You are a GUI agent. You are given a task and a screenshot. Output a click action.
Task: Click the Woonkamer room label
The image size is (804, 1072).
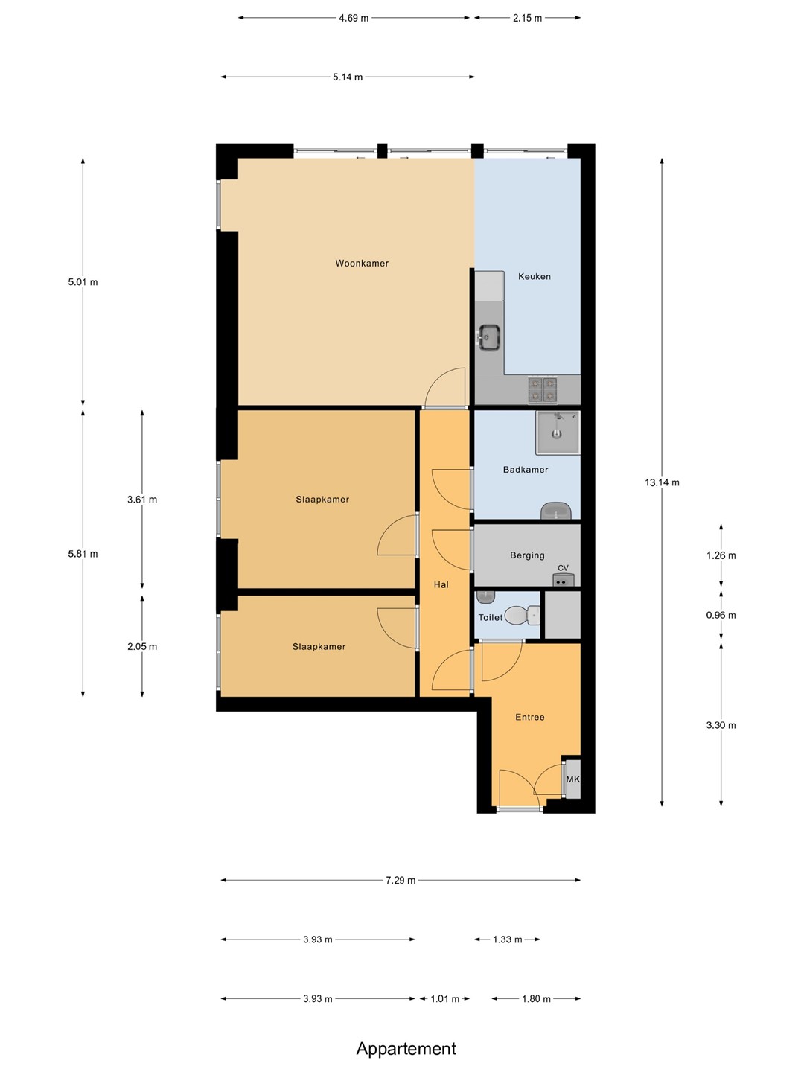click(x=362, y=264)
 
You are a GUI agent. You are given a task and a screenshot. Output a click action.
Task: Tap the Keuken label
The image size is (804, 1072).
click(x=534, y=276)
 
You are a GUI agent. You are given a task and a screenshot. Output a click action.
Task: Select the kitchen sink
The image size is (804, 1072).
click(x=489, y=337)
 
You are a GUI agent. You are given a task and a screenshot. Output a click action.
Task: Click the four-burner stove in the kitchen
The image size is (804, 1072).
click(x=543, y=390)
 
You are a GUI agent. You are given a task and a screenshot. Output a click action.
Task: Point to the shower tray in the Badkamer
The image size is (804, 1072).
click(x=558, y=433)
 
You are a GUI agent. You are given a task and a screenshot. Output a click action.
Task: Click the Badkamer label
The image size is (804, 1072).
click(x=526, y=470)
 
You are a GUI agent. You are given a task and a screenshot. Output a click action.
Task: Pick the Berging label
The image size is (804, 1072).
click(x=527, y=555)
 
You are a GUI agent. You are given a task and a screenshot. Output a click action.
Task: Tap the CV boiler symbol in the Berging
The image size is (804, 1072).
click(x=564, y=580)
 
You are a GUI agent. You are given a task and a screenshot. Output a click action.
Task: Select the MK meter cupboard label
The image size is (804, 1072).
click(x=572, y=779)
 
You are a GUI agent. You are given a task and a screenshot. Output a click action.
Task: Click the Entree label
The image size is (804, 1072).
click(x=529, y=718)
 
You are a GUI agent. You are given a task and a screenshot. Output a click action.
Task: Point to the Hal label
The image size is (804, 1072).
click(x=441, y=584)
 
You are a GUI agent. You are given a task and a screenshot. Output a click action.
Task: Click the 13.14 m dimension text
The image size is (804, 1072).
click(x=662, y=482)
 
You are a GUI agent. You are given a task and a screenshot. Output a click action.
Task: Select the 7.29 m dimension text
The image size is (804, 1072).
click(x=401, y=880)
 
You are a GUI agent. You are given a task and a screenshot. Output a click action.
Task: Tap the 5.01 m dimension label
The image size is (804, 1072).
click(x=83, y=282)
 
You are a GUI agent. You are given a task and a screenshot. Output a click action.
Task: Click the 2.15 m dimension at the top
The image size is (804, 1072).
click(x=527, y=18)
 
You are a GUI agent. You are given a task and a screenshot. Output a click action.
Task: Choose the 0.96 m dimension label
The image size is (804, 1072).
click(x=721, y=616)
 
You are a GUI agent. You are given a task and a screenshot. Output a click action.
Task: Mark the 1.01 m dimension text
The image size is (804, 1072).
click(x=444, y=999)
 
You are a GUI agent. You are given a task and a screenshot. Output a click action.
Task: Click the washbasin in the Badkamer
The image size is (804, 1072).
click(x=556, y=511)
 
